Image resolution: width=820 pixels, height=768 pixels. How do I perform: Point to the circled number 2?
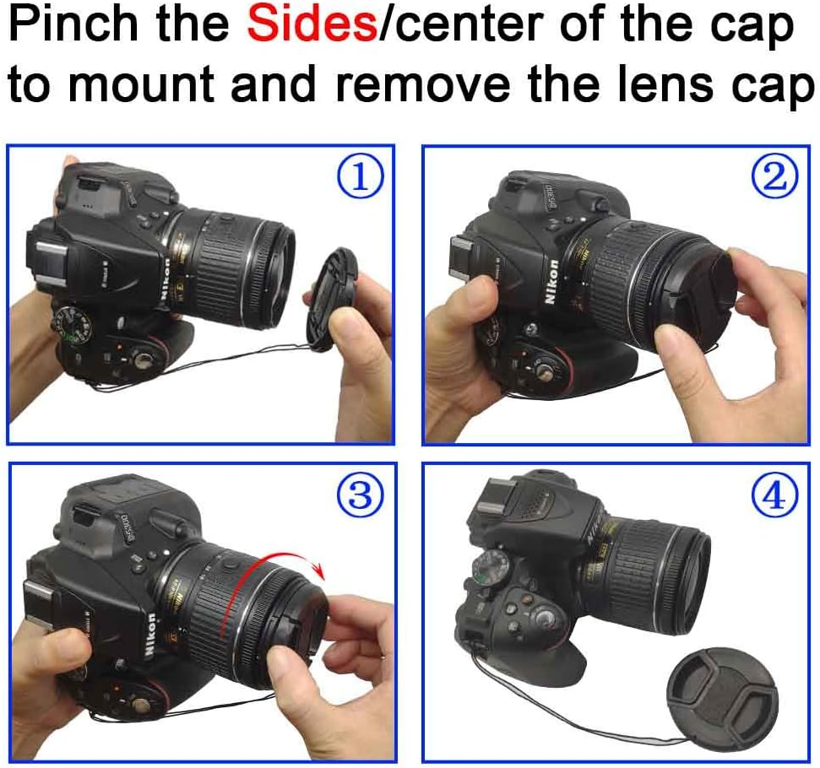(774, 178)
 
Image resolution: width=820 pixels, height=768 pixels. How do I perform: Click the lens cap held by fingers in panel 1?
(332, 295)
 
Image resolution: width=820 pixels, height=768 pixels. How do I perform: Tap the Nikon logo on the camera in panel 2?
(553, 283)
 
